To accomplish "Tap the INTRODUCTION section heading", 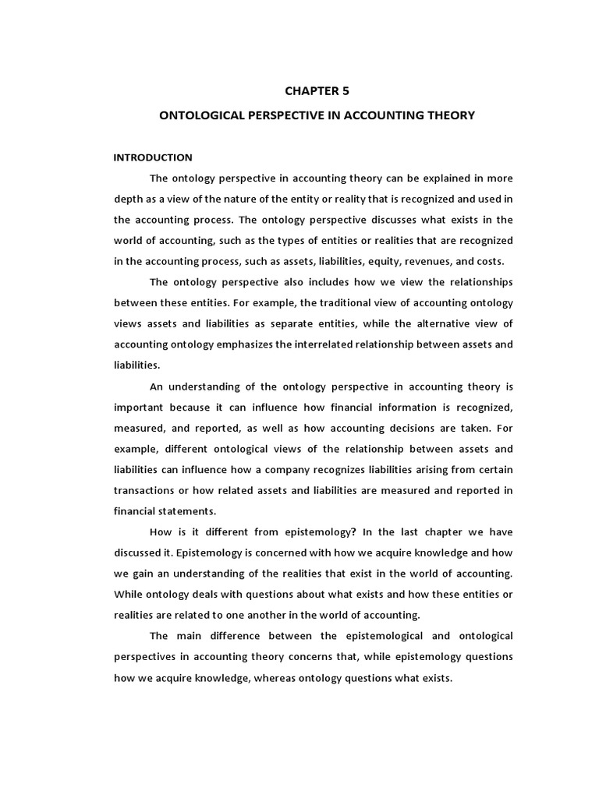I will pos(153,157).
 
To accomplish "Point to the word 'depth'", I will pos(127,199).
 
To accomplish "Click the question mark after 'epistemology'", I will pos(353,531).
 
